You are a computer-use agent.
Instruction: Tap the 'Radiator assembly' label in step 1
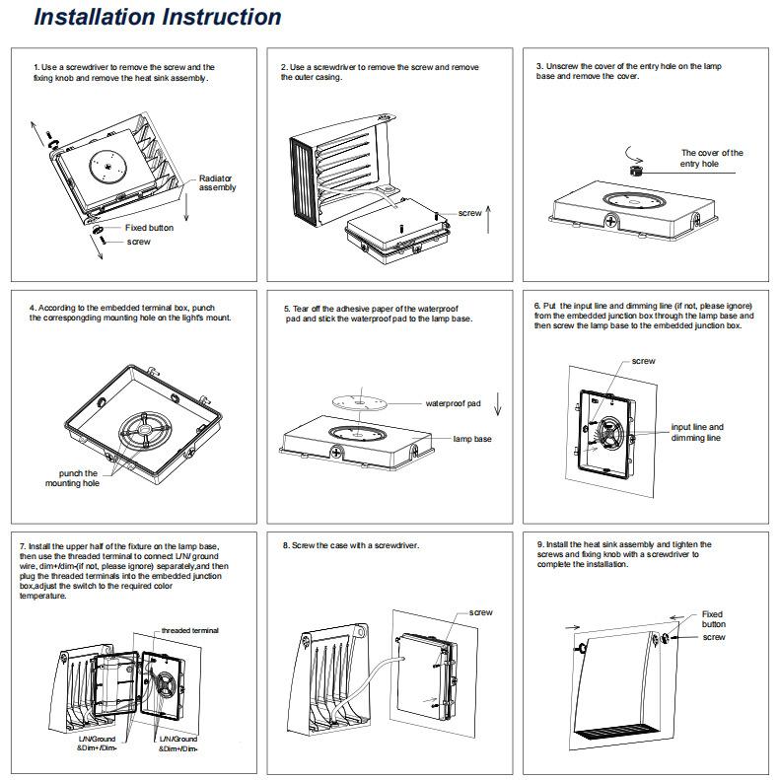(217, 181)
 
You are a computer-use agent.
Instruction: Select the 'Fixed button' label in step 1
(149, 228)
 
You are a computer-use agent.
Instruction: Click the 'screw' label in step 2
(469, 213)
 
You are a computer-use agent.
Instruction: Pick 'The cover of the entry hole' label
(711, 158)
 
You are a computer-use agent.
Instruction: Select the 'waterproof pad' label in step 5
(452, 404)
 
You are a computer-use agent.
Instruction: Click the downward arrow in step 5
(499, 403)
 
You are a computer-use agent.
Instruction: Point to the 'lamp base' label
(471, 439)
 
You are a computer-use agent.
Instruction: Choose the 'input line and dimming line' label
(696, 432)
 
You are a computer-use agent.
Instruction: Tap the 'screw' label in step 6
(643, 362)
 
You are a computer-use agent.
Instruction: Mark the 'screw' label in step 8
(480, 612)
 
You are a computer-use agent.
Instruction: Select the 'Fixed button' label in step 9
(713, 619)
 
